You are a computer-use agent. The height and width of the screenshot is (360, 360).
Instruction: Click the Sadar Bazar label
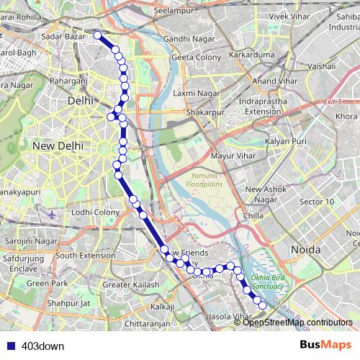pyautogui.click(x=63, y=36)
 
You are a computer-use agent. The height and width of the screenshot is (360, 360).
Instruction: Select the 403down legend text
pyautogui.click(x=42, y=346)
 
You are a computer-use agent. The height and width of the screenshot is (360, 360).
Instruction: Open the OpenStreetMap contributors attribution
pyautogui.click(x=297, y=322)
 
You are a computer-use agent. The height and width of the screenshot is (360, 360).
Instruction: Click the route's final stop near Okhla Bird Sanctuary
pyautogui.click(x=262, y=306)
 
